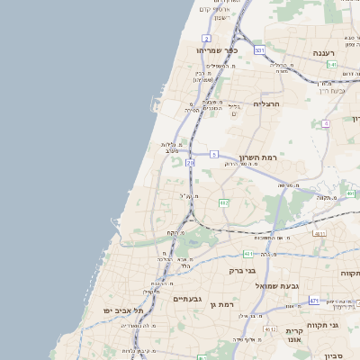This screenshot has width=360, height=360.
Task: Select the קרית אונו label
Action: point(300,336)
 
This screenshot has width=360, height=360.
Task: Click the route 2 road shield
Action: point(206,39)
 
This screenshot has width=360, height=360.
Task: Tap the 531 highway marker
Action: point(259,50)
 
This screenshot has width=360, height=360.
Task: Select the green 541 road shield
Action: point(332,65)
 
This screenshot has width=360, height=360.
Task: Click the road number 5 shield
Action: point(214,154)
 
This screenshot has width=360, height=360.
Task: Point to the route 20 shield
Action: point(190,163)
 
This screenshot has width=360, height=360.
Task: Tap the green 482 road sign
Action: point(223,202)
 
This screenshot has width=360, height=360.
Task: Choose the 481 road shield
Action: point(247,255)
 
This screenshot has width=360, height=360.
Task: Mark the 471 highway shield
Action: point(313,300)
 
